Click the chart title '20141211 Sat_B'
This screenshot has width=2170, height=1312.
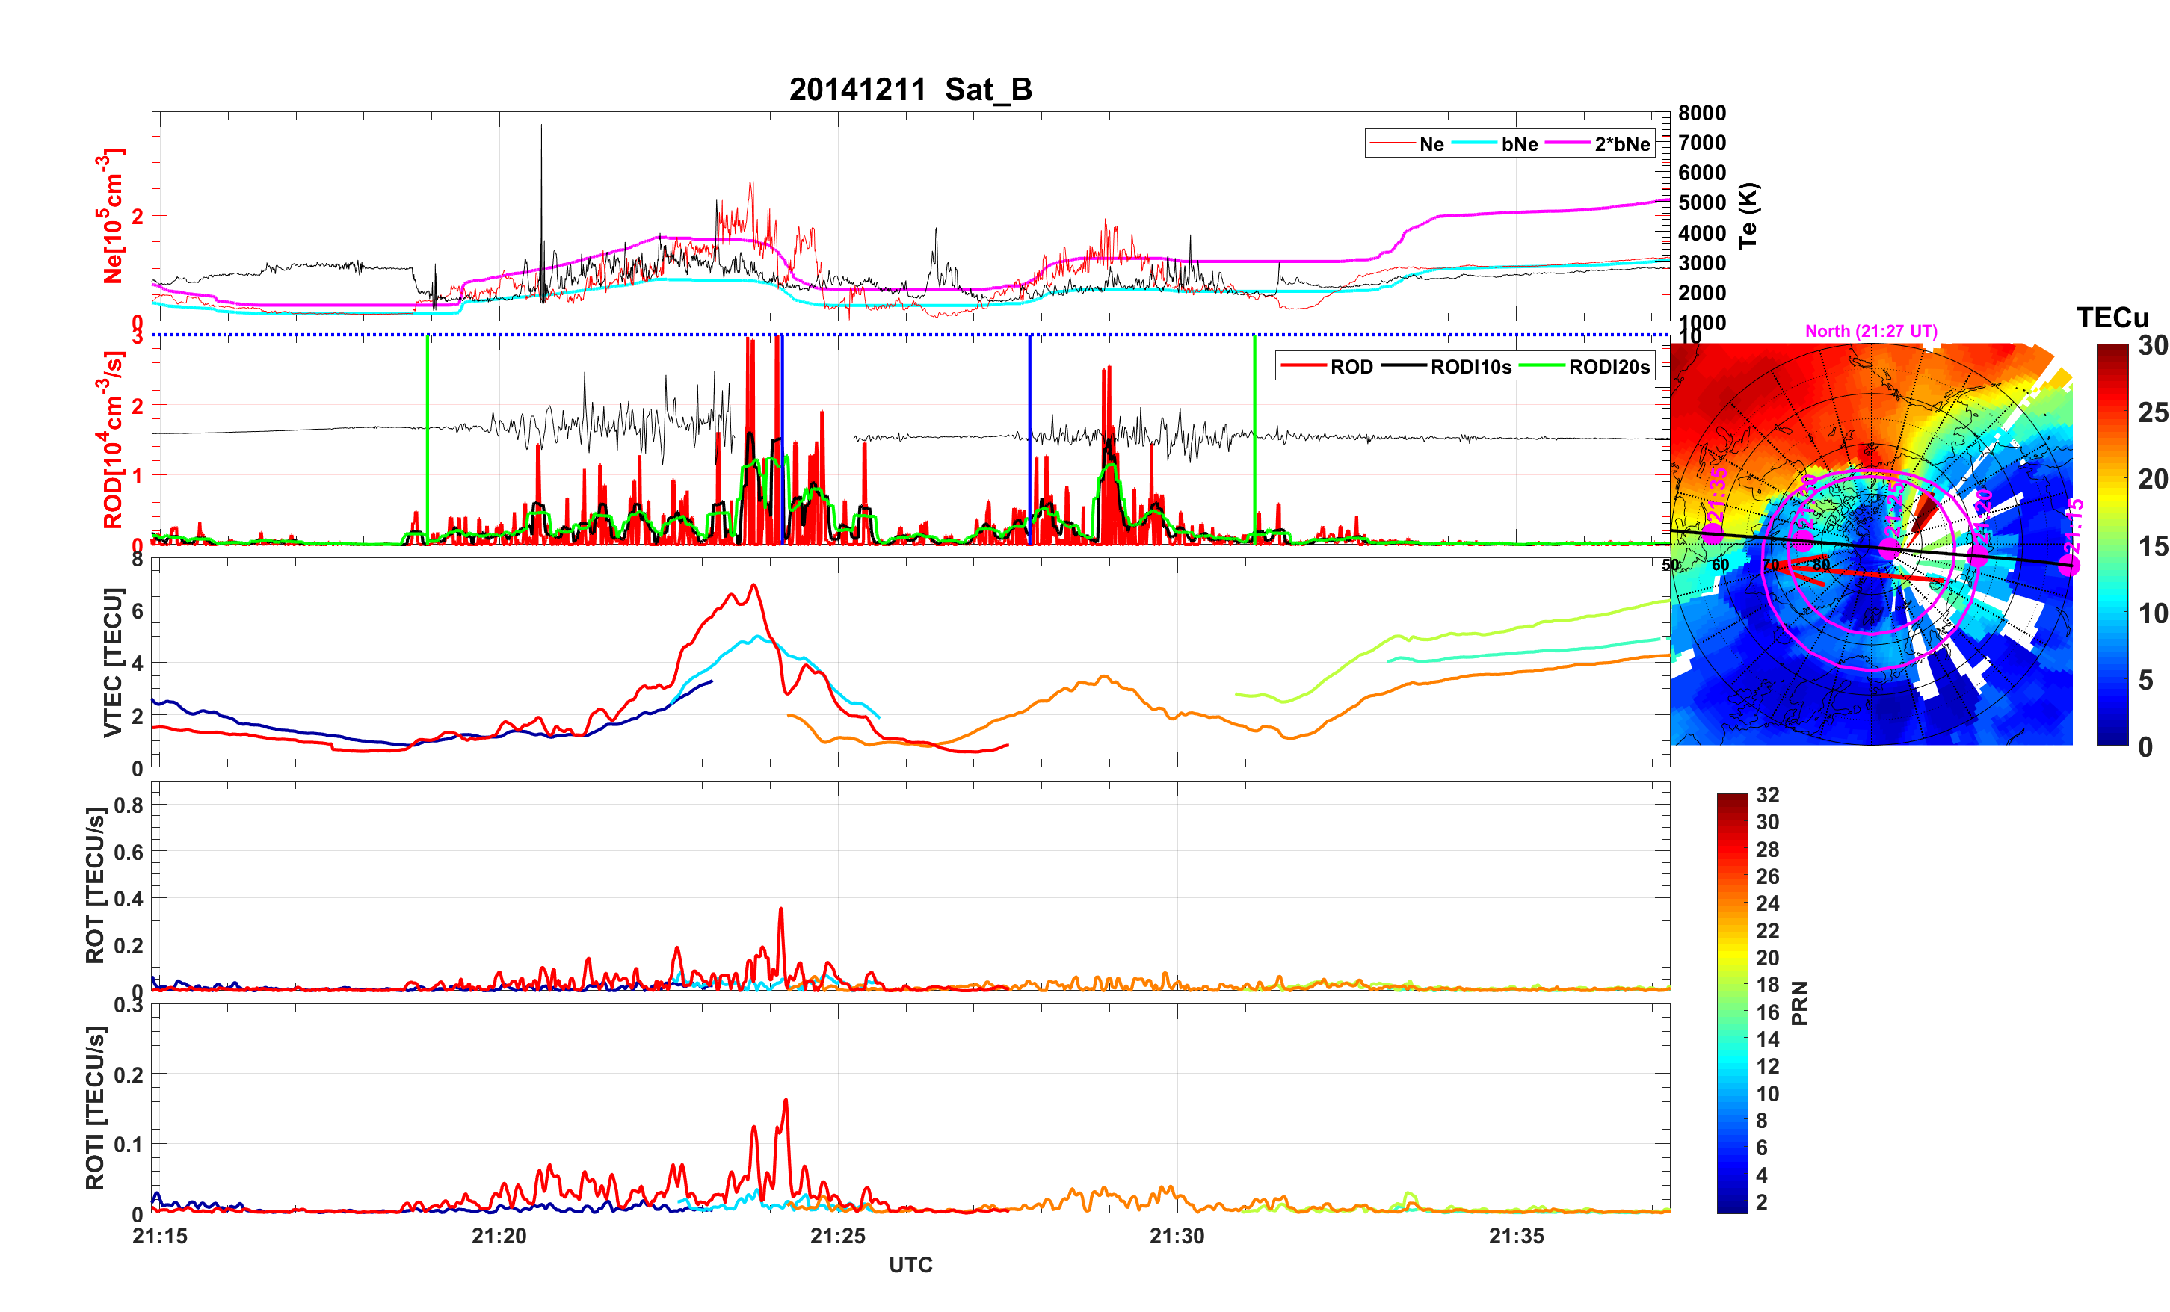[910, 90]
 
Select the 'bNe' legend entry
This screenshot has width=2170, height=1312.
[1519, 144]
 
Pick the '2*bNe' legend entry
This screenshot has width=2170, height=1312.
[1621, 144]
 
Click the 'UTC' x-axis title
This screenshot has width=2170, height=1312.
[910, 1266]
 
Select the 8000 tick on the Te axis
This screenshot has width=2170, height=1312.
[1701, 114]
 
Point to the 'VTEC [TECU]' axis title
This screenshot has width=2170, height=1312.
[113, 662]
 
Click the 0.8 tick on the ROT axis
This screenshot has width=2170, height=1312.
[129, 805]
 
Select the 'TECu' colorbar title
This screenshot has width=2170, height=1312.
[2112, 318]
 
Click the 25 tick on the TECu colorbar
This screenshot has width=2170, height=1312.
[2152, 413]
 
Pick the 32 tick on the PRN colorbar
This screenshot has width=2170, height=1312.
[1766, 795]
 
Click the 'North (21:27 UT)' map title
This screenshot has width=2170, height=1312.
[1870, 331]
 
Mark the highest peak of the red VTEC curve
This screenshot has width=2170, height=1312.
[753, 585]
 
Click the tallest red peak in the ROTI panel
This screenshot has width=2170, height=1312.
[785, 1100]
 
